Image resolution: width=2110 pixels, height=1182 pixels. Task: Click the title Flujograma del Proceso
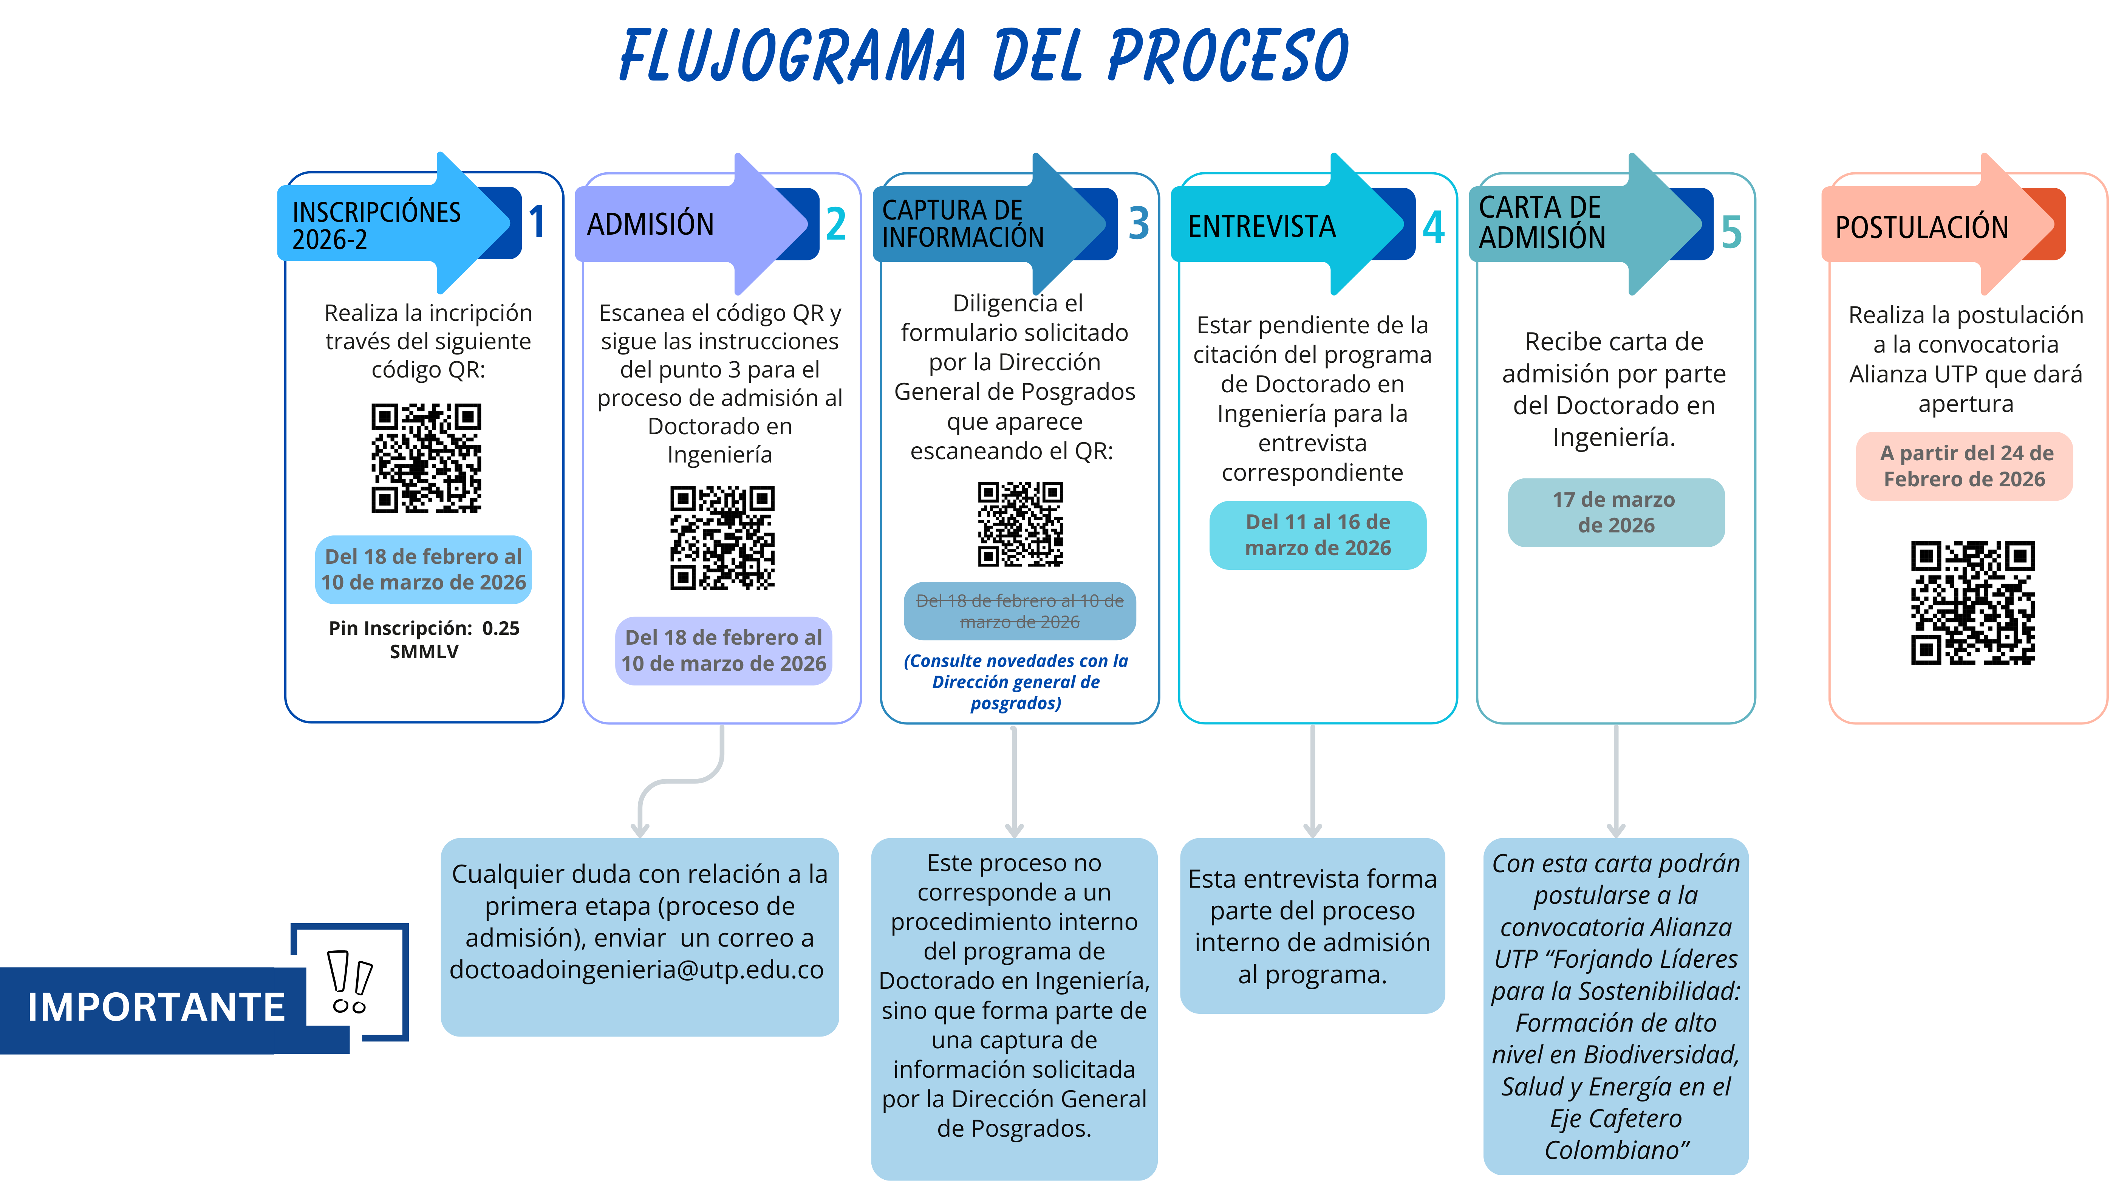(983, 56)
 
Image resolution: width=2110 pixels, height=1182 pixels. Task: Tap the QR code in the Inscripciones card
(426, 458)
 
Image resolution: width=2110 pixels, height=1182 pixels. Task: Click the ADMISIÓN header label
(650, 224)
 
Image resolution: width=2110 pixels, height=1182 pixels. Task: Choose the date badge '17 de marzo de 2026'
(1615, 512)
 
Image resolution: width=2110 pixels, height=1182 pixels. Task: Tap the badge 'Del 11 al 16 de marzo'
(1317, 535)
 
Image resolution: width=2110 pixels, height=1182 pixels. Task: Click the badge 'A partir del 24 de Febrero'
(1964, 466)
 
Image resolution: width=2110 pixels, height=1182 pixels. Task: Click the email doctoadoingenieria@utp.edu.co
(636, 970)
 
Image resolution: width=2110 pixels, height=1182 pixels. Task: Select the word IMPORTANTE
(156, 1007)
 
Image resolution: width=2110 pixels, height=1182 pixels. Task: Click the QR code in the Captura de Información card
(1020, 524)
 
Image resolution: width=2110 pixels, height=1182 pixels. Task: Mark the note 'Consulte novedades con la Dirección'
(1016, 682)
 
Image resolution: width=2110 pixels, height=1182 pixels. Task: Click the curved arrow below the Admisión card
(680, 782)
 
